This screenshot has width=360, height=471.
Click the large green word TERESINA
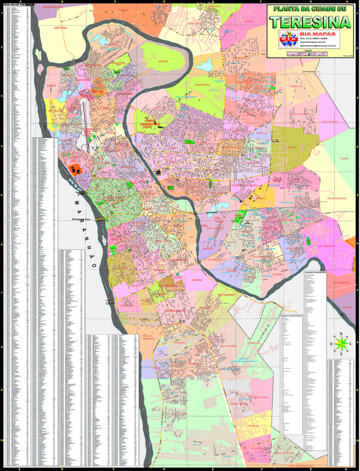310,22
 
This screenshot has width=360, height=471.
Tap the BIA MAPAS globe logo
289,39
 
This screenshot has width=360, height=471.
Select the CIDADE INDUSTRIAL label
51,7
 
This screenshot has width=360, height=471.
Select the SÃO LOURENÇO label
226,294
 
